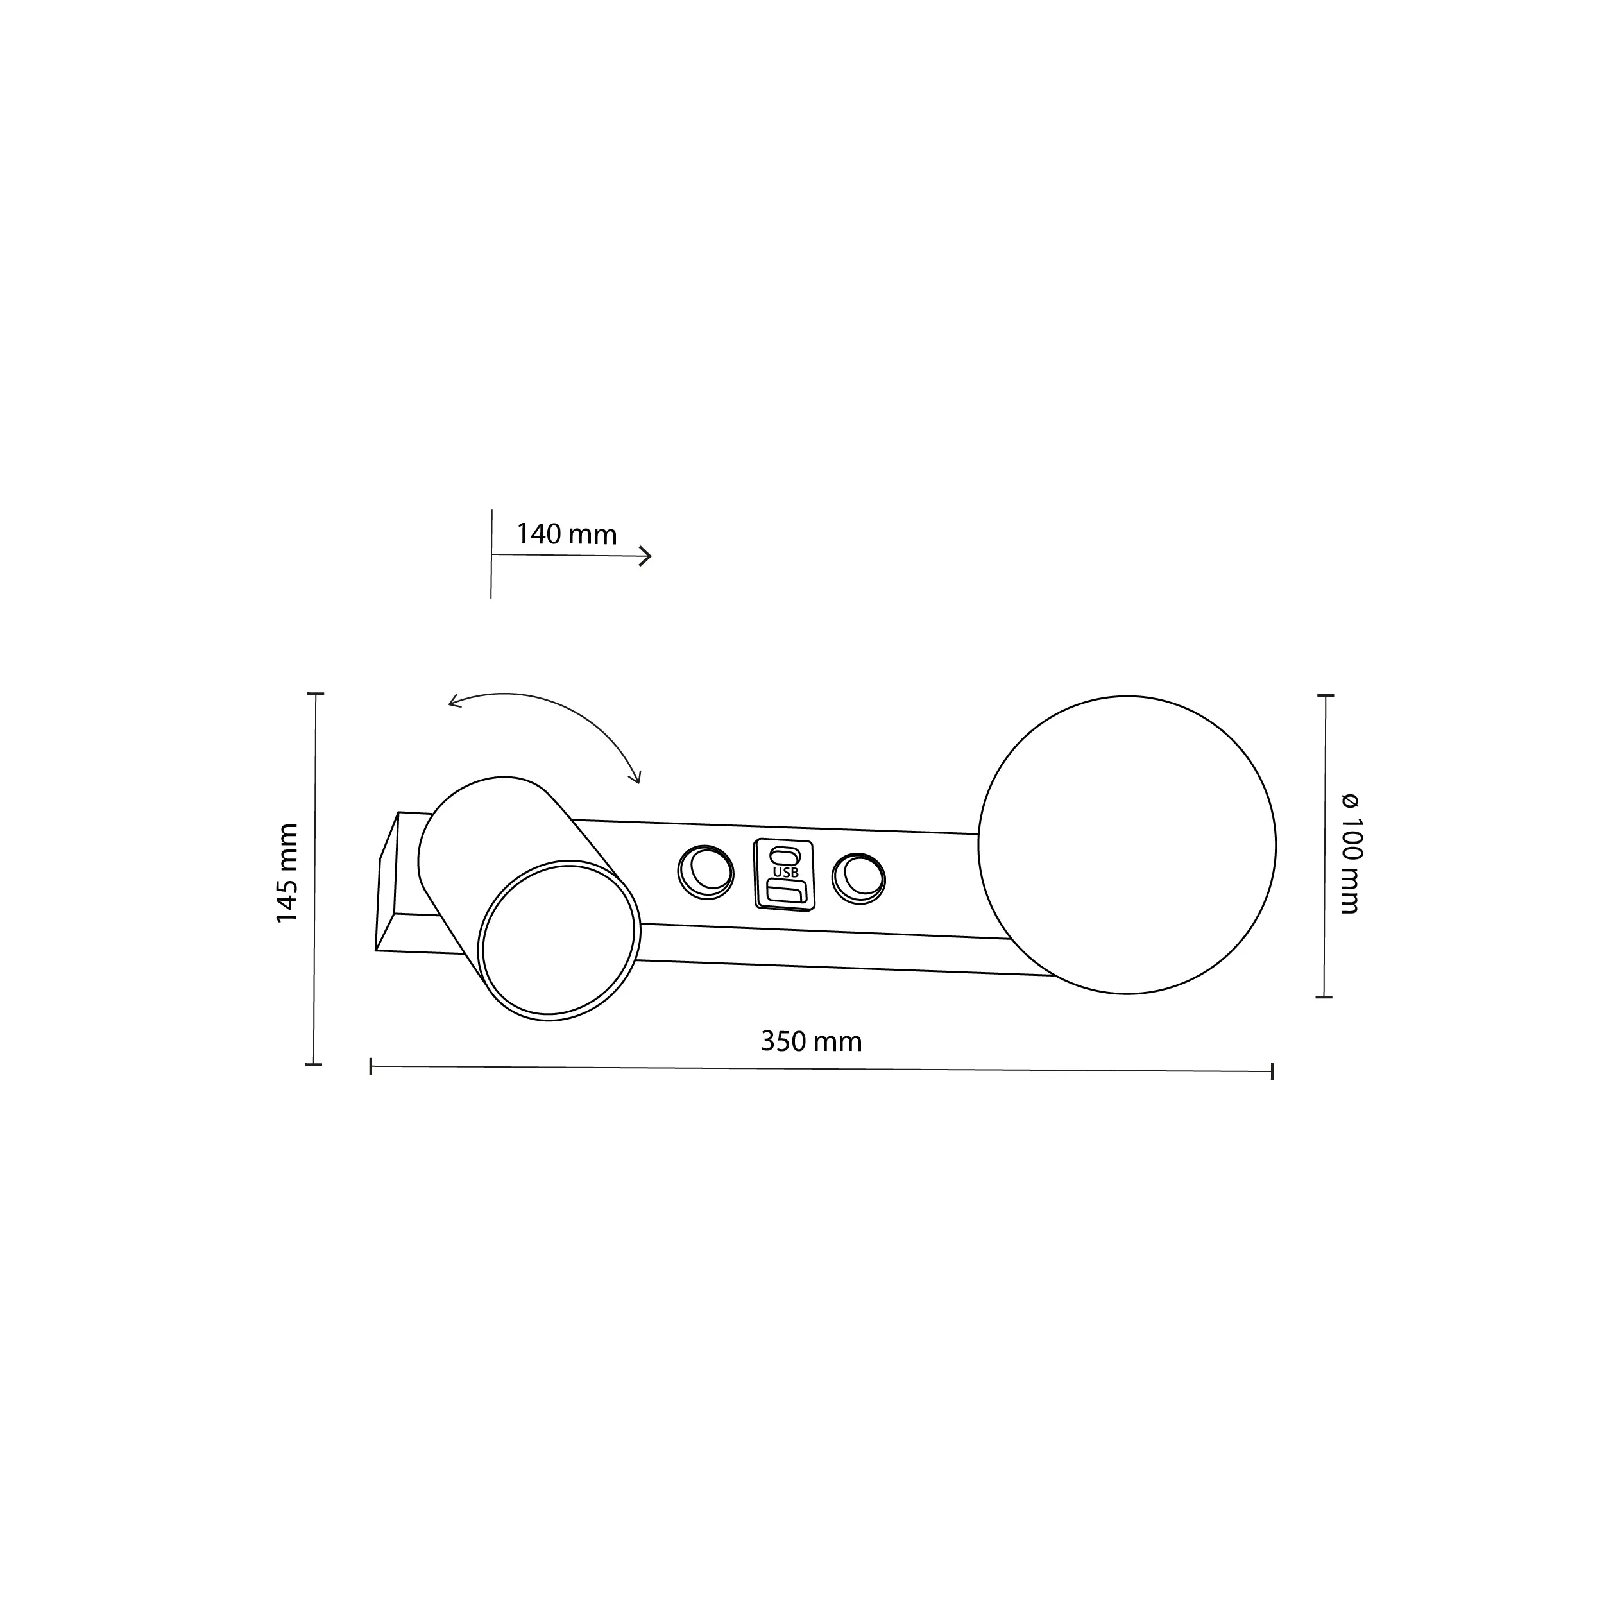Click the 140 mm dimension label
(567, 534)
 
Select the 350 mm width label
(811, 1041)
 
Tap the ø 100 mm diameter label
(1350, 853)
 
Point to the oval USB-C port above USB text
(785, 855)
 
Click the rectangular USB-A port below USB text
(786, 892)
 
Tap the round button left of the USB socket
(706, 872)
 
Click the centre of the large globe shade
(1127, 845)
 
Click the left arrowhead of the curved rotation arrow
(452, 704)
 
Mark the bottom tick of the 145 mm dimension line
(313, 1064)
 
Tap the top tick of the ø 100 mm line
(1325, 695)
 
